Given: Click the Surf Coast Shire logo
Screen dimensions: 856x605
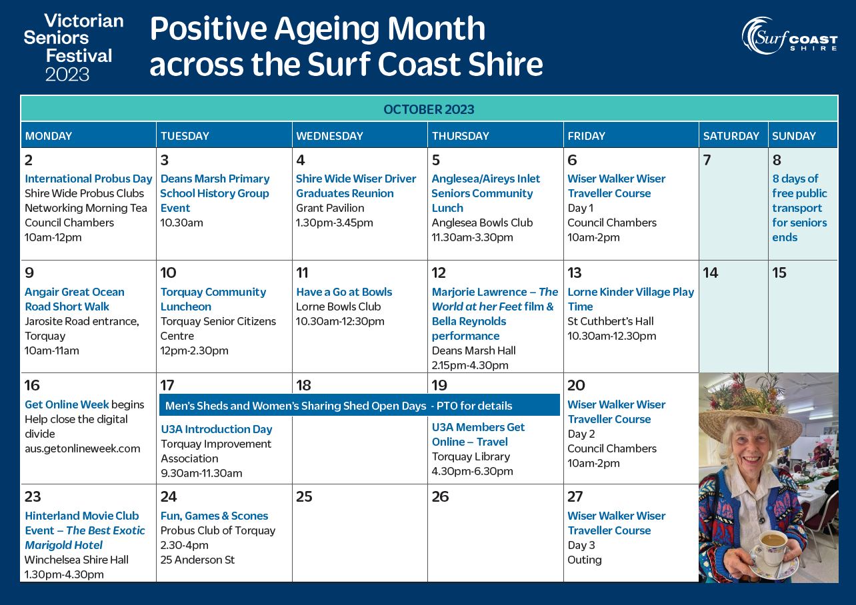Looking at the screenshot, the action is (789, 35).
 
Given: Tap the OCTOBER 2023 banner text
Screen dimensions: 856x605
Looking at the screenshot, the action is (429, 110).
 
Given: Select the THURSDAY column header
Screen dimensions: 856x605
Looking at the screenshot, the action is (461, 136).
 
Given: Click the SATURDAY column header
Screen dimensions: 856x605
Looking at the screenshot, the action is (731, 136).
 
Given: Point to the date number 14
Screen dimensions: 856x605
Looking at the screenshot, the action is (711, 273).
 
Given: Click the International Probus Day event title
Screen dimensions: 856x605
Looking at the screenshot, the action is (88, 179).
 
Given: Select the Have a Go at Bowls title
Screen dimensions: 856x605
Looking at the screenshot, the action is (344, 292).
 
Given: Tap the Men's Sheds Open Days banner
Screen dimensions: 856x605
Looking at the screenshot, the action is (359, 405).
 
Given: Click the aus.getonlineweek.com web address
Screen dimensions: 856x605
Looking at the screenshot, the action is (83, 448).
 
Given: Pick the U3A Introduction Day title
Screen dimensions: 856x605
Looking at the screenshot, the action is (216, 429).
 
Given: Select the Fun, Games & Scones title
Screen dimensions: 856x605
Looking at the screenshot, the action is (214, 516).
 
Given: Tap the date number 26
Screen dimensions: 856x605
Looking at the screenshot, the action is (440, 496).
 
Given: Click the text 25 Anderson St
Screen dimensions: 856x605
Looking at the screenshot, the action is (197, 560).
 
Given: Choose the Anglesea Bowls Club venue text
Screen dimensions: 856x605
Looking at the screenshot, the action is (482, 223).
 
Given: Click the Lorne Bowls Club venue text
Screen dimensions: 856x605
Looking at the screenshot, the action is (338, 306).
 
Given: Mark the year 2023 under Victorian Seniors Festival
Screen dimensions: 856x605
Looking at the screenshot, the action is (67, 74).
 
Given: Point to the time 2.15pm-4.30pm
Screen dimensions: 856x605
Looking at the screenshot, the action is (470, 365).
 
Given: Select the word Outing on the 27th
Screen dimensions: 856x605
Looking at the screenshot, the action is (584, 560).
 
